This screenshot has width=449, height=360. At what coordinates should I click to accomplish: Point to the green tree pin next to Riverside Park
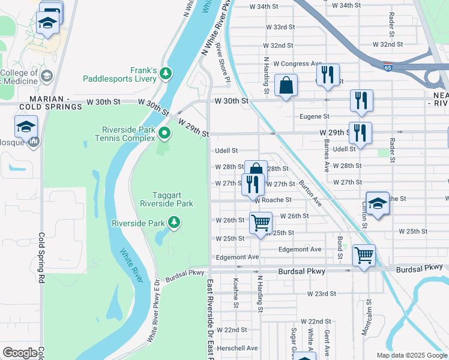174,223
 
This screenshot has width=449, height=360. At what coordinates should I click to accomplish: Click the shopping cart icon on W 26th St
261,223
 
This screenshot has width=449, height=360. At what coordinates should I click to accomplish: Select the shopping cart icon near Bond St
364,255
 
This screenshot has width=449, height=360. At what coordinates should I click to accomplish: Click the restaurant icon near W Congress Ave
327,74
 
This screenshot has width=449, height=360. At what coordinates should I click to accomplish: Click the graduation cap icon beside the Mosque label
26,127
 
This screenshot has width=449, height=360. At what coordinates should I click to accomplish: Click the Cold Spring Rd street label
42,258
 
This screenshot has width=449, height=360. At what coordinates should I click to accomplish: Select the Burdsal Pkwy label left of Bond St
301,272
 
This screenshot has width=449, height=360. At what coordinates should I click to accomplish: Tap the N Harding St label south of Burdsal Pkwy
260,294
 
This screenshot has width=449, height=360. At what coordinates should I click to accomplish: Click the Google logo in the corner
20,353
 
